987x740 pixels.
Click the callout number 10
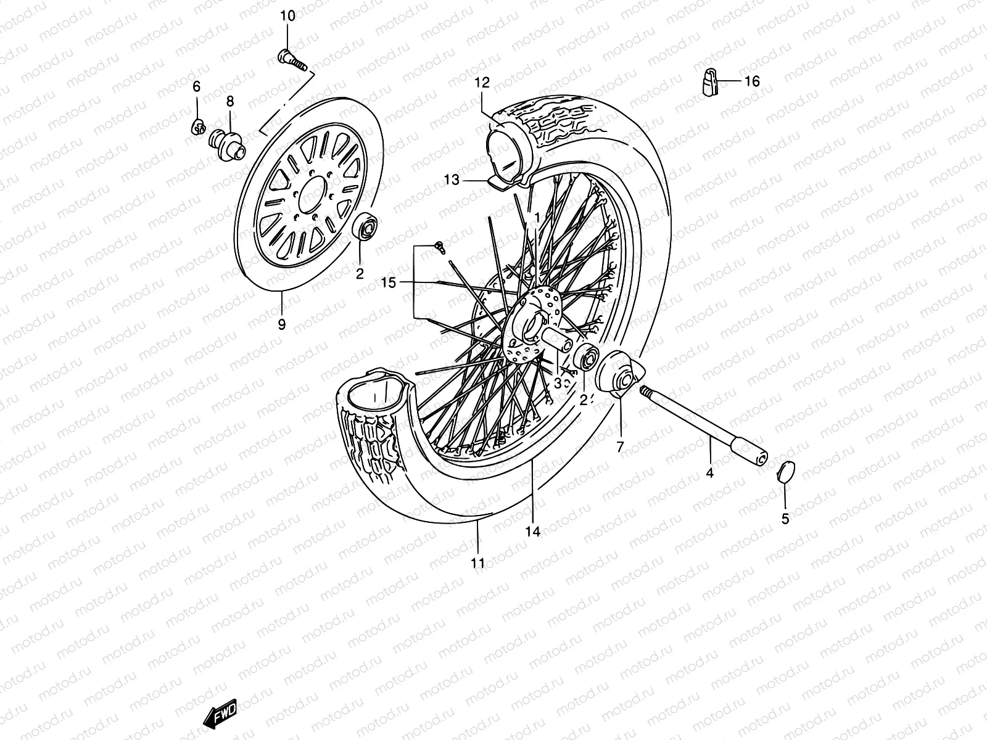[288, 16]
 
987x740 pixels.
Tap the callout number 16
[751, 81]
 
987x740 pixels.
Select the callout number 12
[482, 82]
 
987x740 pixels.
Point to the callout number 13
[452, 180]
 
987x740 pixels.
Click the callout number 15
[387, 282]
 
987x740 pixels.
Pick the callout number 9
[282, 324]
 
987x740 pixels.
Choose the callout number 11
[478, 562]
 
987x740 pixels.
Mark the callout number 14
[533, 531]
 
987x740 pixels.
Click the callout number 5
[785, 519]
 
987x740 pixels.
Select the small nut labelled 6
[198, 127]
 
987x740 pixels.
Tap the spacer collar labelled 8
[237, 146]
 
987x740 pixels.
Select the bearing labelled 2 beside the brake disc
[366, 228]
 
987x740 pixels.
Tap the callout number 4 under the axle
[709, 473]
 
